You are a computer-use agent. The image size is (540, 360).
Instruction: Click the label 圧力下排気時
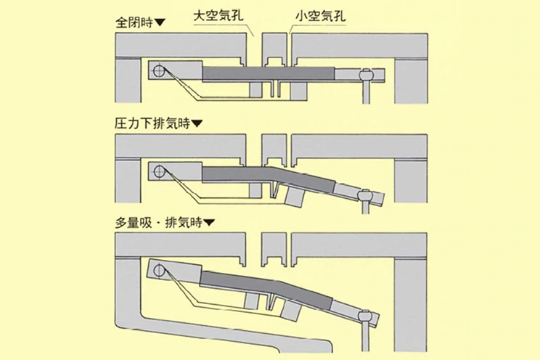click(x=148, y=123)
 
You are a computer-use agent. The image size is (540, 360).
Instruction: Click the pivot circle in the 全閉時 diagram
click(x=159, y=72)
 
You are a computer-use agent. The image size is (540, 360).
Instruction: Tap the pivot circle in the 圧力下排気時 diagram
click(x=159, y=173)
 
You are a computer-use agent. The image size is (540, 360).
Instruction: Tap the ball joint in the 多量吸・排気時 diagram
click(x=365, y=317)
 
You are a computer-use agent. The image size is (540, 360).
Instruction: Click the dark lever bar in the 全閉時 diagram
click(x=269, y=73)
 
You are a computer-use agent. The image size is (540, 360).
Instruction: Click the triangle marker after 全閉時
click(x=161, y=22)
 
